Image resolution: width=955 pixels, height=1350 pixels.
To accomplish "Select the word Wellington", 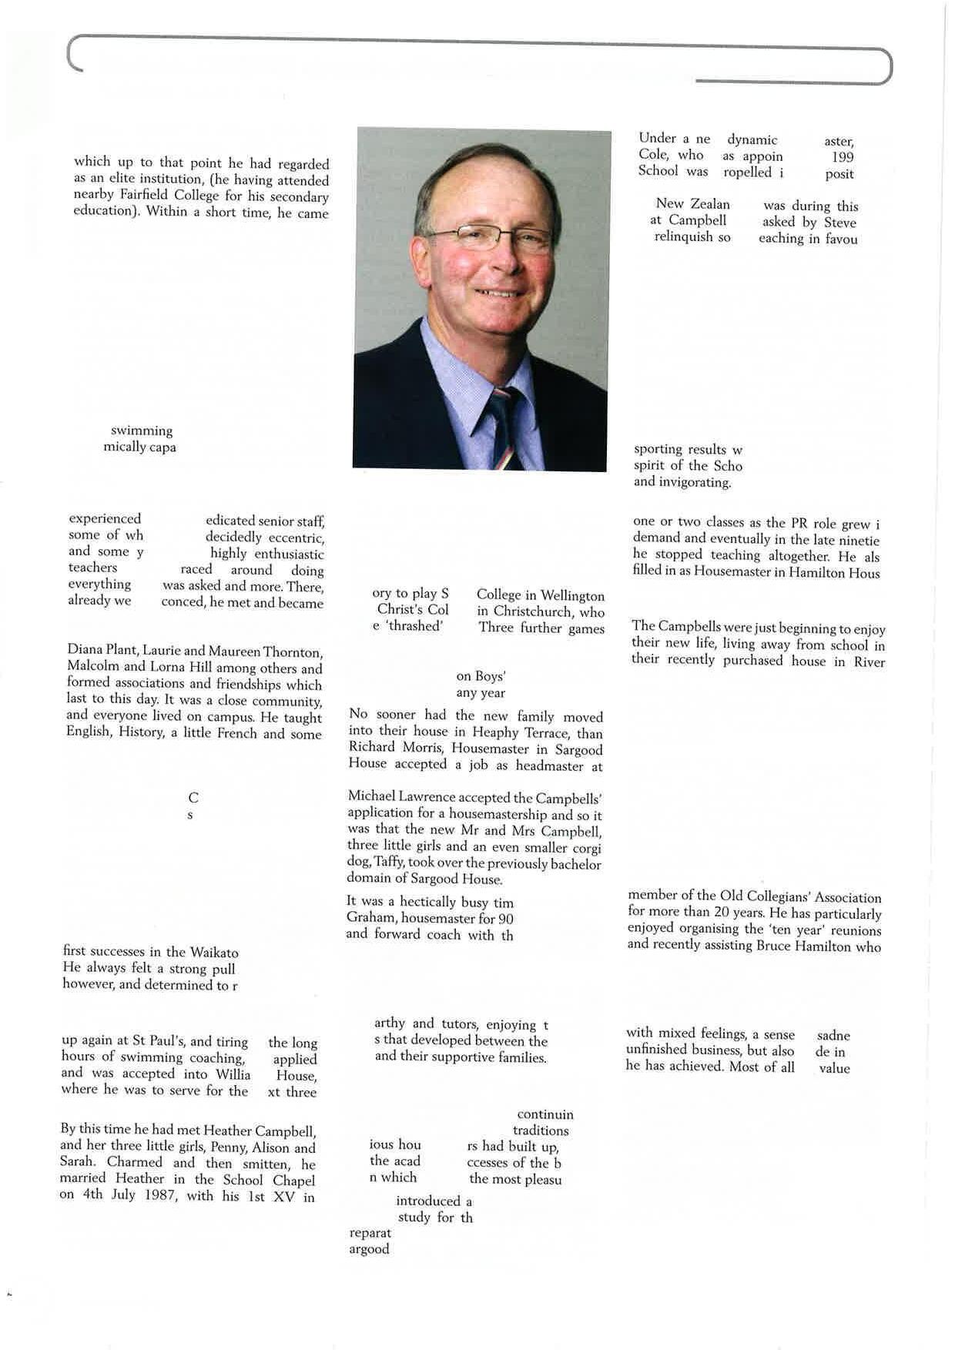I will (572, 596).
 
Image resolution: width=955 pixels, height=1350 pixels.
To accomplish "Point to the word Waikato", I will (214, 953).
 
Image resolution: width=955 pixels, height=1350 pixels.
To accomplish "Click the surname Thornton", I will (293, 652).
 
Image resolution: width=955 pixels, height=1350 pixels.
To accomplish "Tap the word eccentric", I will (293, 538).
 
